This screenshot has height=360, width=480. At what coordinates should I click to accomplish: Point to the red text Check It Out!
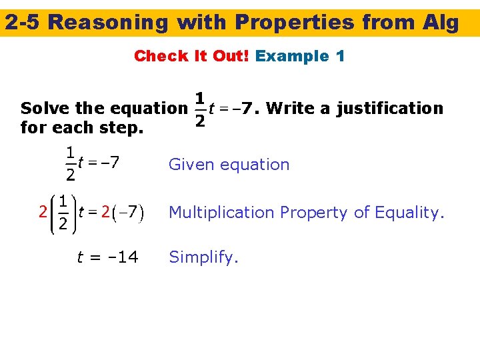[191, 56]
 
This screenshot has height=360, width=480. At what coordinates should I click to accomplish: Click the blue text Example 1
[300, 56]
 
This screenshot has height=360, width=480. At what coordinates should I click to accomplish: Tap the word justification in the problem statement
[389, 108]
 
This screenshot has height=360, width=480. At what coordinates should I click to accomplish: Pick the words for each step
[82, 126]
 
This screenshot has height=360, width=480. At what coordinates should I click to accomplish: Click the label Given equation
[229, 165]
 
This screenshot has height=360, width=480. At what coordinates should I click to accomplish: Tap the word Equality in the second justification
[408, 213]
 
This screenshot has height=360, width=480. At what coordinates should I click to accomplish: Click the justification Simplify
[203, 257]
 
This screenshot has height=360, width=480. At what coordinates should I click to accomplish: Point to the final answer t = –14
[108, 257]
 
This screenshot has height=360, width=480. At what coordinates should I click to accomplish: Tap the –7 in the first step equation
[109, 161]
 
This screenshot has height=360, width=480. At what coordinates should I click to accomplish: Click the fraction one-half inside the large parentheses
[61, 213]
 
